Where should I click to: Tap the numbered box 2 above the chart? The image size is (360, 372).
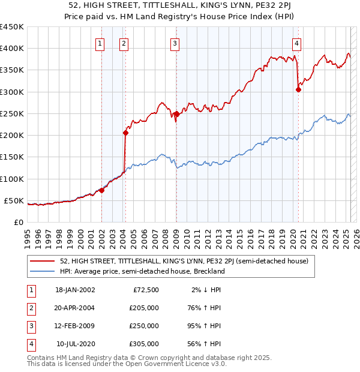[x=123, y=43]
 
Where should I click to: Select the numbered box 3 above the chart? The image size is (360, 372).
[x=174, y=43]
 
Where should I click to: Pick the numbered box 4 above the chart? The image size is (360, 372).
[x=297, y=43]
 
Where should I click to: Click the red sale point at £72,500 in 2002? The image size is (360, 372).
[x=101, y=190]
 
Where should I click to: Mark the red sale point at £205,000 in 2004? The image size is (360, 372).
[x=125, y=133]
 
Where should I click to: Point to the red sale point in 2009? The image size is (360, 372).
[x=176, y=113]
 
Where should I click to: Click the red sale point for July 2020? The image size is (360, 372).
[x=298, y=89]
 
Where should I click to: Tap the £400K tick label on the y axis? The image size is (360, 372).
[x=12, y=49]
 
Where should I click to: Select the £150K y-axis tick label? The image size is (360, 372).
[x=12, y=157]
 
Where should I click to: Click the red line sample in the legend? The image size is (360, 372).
[x=42, y=262]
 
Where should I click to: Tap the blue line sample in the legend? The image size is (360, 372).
[x=42, y=271]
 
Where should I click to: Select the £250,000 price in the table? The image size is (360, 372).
[x=143, y=326]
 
